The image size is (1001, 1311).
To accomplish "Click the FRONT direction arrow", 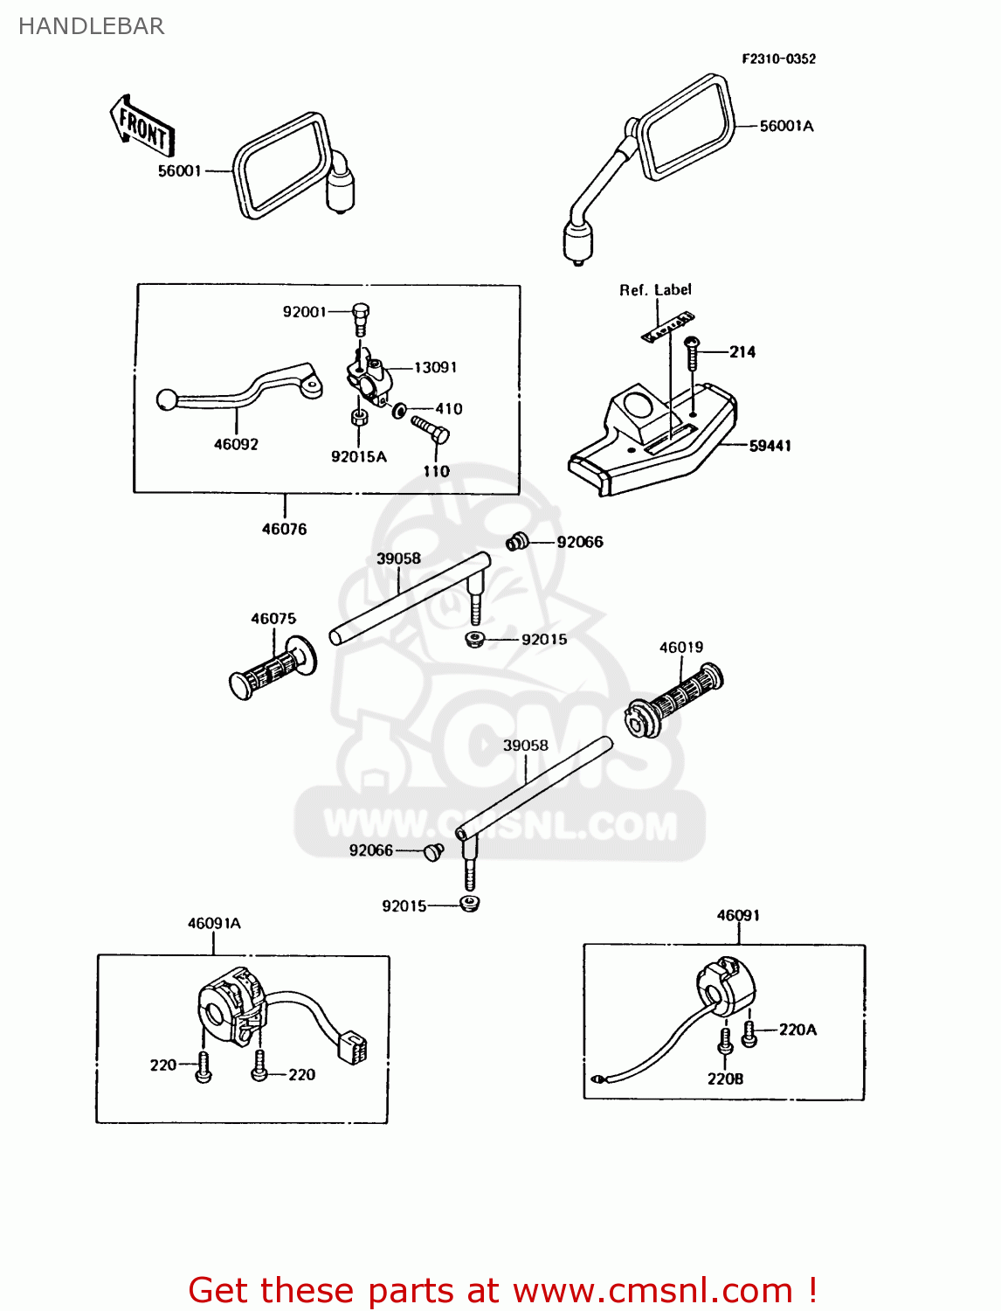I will coord(142,128).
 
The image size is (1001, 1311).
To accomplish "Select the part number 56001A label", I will coord(786,127).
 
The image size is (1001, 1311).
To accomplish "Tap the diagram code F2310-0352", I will coord(778,59).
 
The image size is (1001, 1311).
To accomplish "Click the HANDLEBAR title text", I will coord(92,26).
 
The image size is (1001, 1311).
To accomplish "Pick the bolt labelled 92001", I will coord(360,318).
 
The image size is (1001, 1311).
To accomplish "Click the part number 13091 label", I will coord(435,368).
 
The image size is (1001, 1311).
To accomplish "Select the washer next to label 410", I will coord(399,410).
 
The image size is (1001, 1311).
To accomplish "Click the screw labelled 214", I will coord(691,354).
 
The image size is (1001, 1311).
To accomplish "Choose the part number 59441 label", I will coord(770,446).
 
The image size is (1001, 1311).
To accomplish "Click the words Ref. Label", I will coord(655,290).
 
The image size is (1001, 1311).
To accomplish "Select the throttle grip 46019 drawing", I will coord(674,700).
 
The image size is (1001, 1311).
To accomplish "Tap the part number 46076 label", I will coord(284,530).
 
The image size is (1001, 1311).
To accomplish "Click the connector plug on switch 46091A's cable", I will coord(352,1046).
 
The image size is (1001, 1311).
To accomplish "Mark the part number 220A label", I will coord(797,1030).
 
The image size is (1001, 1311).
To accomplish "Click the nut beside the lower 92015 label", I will coord(470,904).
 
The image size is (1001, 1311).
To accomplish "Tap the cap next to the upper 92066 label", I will coord(518,542).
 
